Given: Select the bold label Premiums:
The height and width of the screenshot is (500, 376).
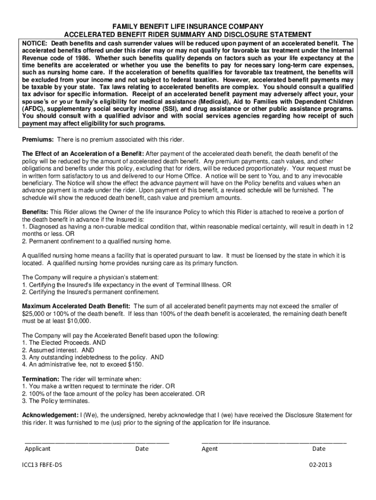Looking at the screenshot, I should (x=39, y=140).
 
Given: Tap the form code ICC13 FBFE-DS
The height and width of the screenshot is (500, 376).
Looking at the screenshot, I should (x=42, y=465).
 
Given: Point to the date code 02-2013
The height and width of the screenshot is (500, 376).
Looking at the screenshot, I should (x=320, y=465).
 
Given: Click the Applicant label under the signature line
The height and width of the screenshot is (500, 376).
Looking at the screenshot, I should (x=38, y=449).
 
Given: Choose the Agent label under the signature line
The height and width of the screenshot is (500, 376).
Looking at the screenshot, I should (x=209, y=449).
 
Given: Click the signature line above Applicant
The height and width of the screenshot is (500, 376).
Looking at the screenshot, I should (x=97, y=441).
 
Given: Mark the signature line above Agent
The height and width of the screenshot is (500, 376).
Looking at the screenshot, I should (x=274, y=441).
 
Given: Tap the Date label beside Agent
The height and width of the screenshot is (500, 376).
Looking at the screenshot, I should (x=319, y=449).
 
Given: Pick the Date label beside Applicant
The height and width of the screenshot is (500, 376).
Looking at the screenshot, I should (x=142, y=449).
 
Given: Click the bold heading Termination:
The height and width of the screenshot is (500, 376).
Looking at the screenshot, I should (x=41, y=379).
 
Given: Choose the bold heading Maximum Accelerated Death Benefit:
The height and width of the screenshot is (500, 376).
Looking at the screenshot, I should (x=74, y=306).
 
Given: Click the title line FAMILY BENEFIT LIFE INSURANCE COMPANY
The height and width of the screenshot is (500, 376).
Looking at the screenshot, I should (x=188, y=26).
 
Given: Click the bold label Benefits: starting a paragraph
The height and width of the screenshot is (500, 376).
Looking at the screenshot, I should (x=35, y=211).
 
